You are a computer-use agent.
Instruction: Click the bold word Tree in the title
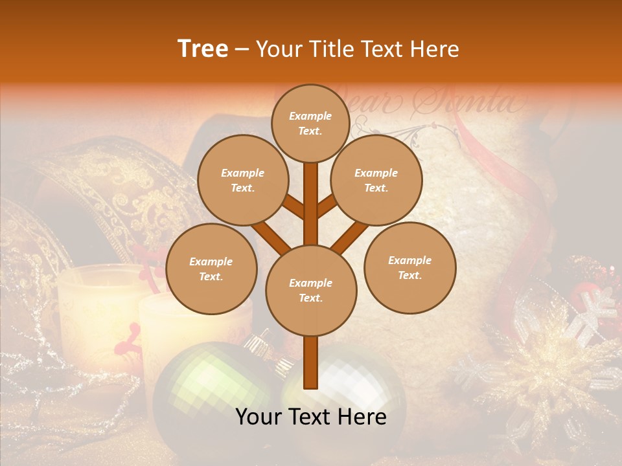(203, 49)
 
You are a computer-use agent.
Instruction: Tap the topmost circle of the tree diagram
(310, 123)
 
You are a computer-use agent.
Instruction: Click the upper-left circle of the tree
(242, 180)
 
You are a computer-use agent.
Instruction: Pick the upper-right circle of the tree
(376, 180)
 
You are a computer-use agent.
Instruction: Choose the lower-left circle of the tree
(211, 269)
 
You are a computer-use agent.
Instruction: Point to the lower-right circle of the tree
(409, 267)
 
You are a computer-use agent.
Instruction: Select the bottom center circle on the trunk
(311, 290)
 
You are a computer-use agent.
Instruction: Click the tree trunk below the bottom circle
(311, 362)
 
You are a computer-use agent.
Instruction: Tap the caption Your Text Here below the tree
(311, 417)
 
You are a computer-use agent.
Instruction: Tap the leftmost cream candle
(97, 298)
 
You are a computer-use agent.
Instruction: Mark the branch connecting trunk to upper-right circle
(327, 206)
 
